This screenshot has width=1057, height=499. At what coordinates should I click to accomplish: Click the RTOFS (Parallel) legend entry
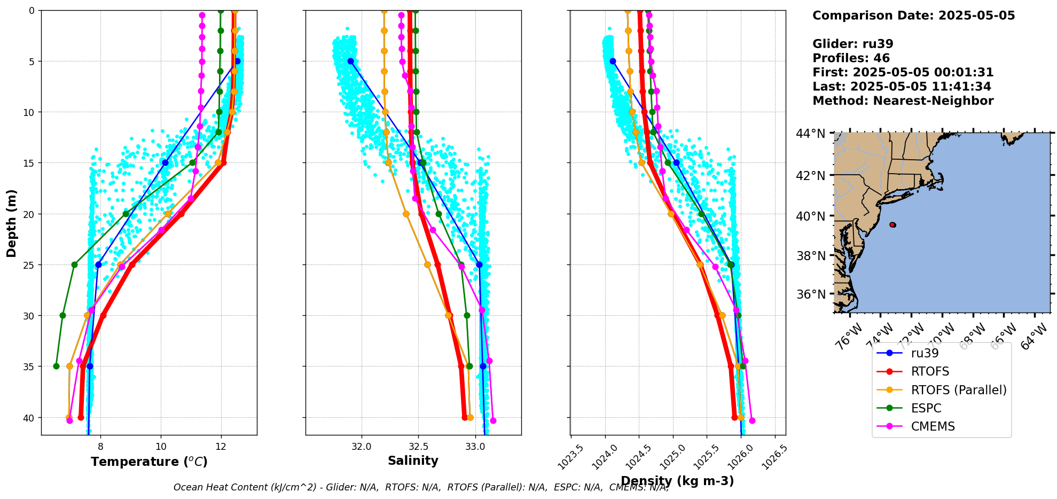[x=958, y=390]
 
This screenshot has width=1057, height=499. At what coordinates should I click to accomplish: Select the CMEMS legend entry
[x=933, y=426]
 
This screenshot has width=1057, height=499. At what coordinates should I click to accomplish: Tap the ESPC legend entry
[x=926, y=408]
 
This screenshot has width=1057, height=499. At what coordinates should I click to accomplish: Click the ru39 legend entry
[x=925, y=353]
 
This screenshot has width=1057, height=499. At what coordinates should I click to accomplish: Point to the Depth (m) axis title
[x=12, y=223]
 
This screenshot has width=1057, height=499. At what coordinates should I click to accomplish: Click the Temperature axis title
[x=149, y=462]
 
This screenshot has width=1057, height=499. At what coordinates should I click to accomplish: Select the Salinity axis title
[x=413, y=461]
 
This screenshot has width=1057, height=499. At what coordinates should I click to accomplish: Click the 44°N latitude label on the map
[x=811, y=134]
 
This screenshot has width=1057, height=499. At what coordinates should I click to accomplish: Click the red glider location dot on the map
[x=892, y=225]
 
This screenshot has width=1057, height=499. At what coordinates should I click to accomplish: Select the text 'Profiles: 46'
[x=851, y=58]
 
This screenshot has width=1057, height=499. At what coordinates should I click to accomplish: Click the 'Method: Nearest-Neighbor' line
[x=903, y=101]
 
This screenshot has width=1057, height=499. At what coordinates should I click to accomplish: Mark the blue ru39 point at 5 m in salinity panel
[x=350, y=61]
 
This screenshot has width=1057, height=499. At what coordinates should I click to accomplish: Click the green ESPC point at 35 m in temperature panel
[x=56, y=366]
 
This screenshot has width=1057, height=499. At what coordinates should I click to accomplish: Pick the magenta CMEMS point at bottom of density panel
[x=752, y=420]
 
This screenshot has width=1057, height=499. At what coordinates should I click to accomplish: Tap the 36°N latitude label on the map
[x=811, y=294]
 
